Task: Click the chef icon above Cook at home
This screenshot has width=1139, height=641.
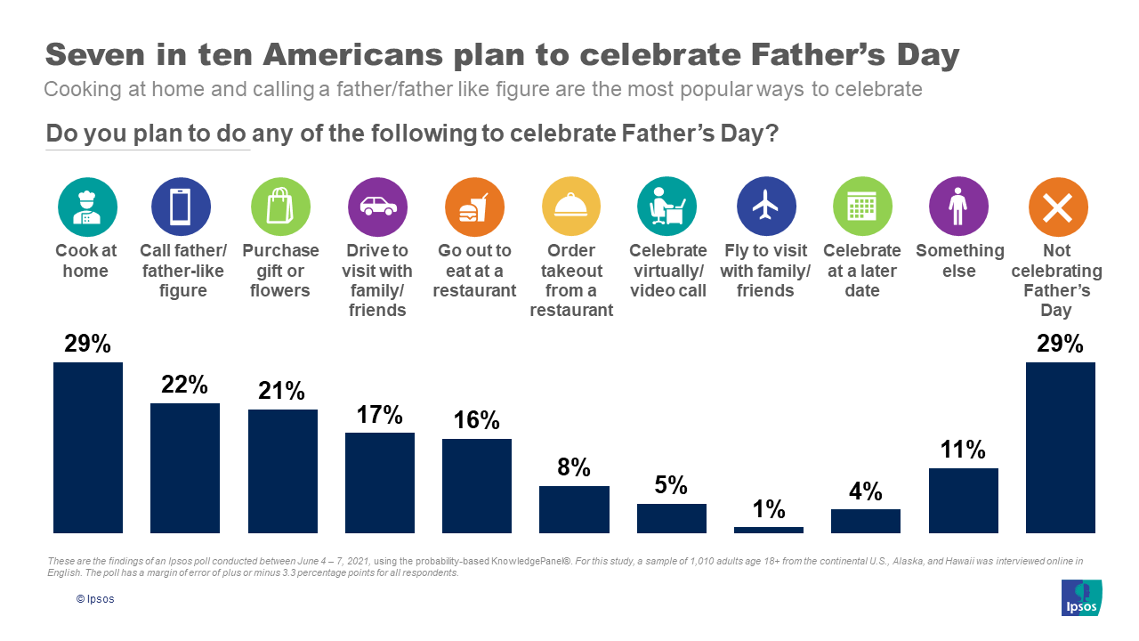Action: (87, 207)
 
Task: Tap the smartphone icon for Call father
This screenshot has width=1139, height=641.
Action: (181, 207)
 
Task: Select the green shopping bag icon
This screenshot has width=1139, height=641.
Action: (280, 207)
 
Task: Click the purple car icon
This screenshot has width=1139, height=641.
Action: (377, 207)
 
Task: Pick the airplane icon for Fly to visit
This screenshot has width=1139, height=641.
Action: (766, 207)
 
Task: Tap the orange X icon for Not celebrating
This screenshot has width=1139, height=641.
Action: (1057, 207)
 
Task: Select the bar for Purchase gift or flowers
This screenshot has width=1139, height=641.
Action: (282, 471)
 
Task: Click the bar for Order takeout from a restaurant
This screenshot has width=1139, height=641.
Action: (574, 509)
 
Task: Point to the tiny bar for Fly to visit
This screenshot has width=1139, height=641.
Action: (768, 530)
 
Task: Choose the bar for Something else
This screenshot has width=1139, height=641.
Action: (963, 500)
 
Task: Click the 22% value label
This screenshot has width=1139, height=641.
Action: (185, 385)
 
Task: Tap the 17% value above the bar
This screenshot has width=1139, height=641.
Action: (379, 414)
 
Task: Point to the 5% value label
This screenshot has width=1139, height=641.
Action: (671, 485)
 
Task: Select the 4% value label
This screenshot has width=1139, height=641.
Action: (865, 491)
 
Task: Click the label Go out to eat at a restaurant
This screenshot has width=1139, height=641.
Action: (474, 271)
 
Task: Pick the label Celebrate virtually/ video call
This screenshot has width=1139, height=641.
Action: (668, 271)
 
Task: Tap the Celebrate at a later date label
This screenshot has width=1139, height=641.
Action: (861, 271)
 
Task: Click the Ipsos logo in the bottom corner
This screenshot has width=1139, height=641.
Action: (1081, 597)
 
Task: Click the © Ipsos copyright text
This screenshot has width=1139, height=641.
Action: (95, 599)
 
